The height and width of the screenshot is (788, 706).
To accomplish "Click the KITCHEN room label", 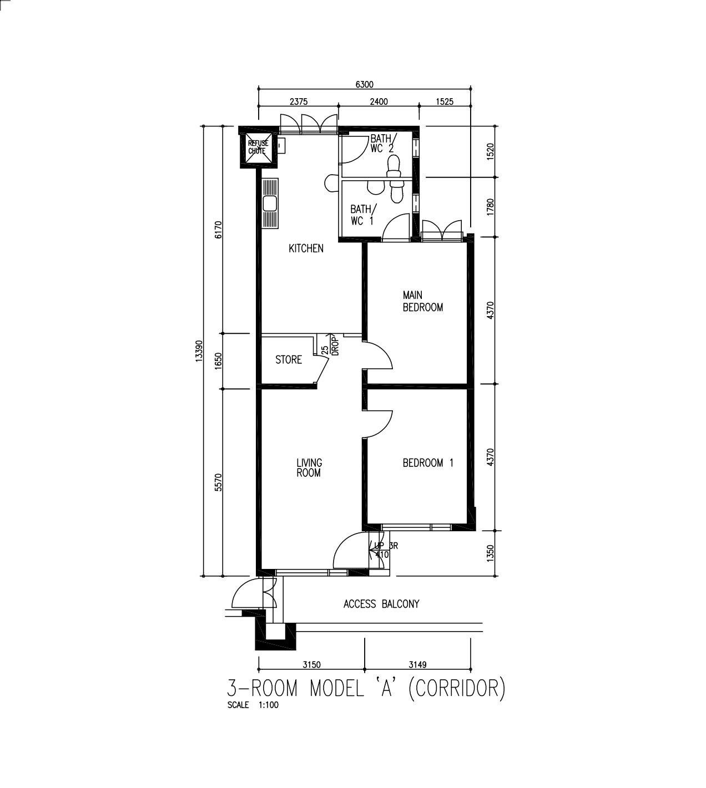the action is tap(306, 248).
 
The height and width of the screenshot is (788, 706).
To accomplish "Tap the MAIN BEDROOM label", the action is tap(423, 301).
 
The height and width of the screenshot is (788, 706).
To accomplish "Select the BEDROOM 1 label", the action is tap(428, 463).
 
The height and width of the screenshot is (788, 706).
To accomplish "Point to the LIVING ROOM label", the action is tap(309, 467).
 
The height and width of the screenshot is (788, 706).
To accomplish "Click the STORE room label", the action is tap(289, 360).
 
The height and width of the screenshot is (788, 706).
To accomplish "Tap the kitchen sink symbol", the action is tap(270, 204).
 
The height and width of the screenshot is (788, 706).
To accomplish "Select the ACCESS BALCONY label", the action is tap(381, 604).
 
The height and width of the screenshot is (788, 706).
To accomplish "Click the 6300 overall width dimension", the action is tap(365, 84).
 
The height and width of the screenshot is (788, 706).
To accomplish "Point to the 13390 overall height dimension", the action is tap(199, 352).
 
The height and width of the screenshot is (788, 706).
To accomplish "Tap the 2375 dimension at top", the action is tap(299, 101).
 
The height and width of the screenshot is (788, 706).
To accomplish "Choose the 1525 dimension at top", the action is tap(445, 101).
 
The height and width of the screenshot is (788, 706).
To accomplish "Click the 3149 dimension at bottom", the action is tap(417, 665).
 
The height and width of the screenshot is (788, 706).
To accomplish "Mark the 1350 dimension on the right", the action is tap(490, 553).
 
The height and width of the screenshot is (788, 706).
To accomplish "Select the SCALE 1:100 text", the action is tap(253, 705).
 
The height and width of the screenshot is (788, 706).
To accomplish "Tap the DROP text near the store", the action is tap(336, 346).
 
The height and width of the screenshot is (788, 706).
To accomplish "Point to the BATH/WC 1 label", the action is tap(363, 215).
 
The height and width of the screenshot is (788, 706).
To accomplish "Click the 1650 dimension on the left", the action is tap(218, 360).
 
